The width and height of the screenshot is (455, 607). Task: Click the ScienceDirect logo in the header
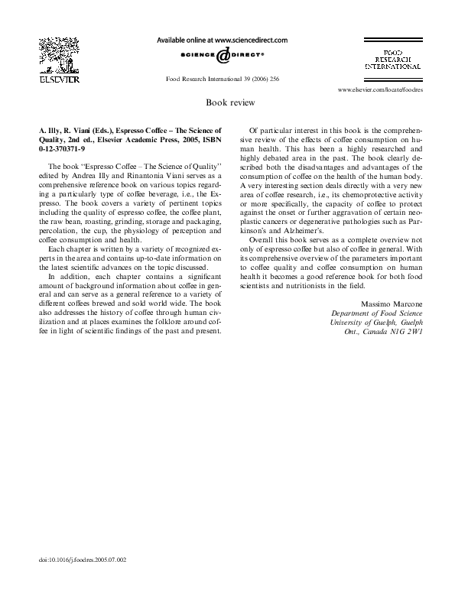[223, 56]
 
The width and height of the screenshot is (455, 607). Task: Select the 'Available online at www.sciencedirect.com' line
[222, 39]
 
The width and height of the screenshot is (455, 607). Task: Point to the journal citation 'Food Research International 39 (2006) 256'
[223, 79]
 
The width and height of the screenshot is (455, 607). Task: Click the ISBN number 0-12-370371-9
[62, 150]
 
